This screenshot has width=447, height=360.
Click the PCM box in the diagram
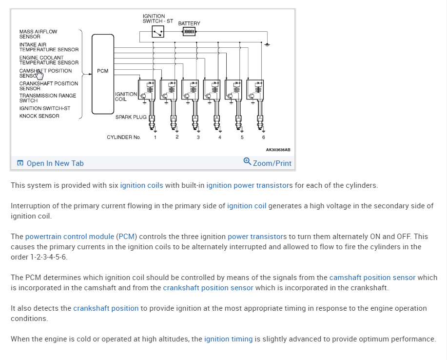coord(102,73)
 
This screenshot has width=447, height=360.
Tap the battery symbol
coord(189,32)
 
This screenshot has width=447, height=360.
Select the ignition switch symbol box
coord(157,32)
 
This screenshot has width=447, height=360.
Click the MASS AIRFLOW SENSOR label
coord(38,34)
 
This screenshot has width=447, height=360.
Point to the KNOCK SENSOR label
coord(39,116)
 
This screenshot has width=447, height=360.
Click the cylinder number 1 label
coord(155,137)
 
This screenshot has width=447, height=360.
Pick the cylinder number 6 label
coord(263,137)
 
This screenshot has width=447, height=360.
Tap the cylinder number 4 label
coord(220,137)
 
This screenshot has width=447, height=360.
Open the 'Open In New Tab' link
coord(55,163)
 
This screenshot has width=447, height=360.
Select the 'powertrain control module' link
coord(70,237)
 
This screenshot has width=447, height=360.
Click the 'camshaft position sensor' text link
coord(372,278)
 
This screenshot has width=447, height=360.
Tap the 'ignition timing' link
coord(228,339)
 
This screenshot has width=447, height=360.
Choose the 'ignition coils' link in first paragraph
coord(141,185)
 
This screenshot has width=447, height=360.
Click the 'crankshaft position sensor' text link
coord(208,288)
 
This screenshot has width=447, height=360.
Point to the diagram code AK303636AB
coord(278,150)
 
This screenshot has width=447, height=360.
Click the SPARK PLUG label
coord(130,117)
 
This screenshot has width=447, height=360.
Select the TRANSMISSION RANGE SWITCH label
coord(47,98)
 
